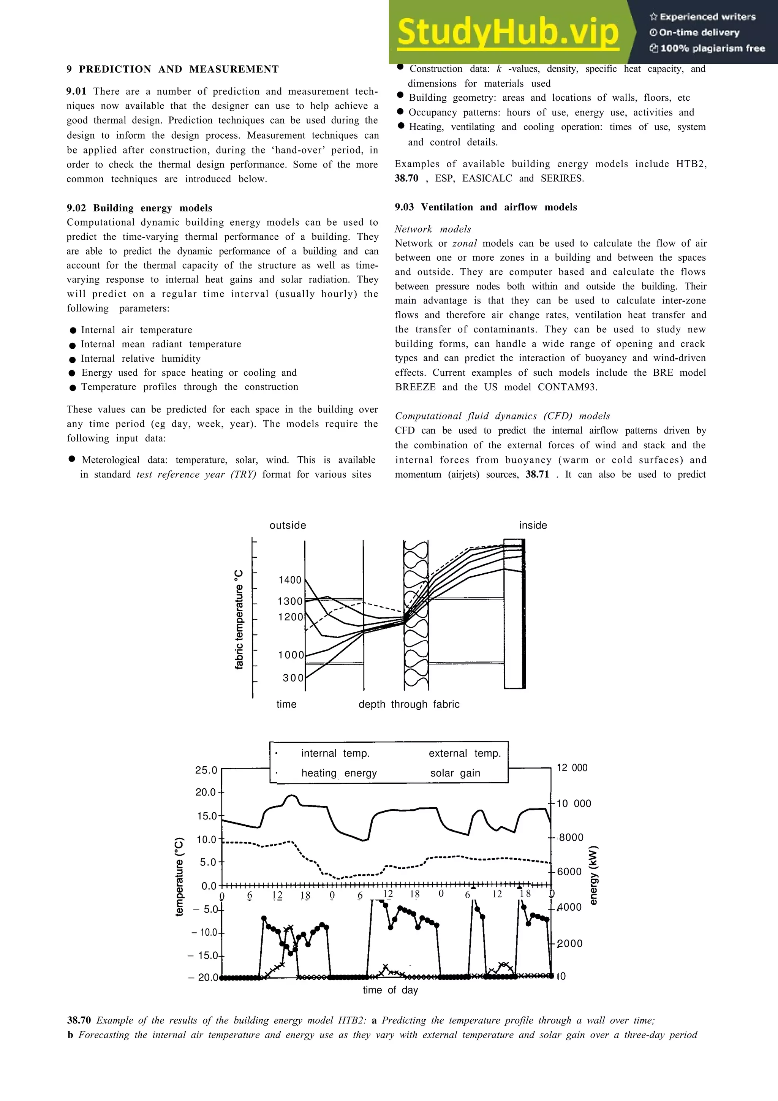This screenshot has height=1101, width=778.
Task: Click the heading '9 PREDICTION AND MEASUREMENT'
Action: (172, 69)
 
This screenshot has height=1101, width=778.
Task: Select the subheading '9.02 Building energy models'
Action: (139, 208)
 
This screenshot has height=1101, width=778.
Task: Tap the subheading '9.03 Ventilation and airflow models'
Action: (485, 207)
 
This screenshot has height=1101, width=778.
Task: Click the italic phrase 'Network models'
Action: (433, 229)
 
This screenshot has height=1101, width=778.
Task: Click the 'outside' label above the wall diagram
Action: (288, 525)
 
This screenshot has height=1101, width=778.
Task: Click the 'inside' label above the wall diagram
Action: (533, 525)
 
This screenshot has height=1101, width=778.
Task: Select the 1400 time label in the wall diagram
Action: (290, 580)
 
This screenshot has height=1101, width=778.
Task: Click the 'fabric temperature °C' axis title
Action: (239, 620)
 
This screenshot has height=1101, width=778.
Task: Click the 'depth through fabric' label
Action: (409, 704)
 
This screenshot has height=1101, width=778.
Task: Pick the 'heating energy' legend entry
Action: (339, 773)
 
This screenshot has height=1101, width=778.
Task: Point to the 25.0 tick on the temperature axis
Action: (206, 770)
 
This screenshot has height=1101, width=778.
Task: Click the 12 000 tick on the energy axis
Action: (572, 768)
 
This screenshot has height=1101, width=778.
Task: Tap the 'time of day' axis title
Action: (390, 990)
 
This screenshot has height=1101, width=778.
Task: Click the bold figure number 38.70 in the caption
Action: (79, 1020)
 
